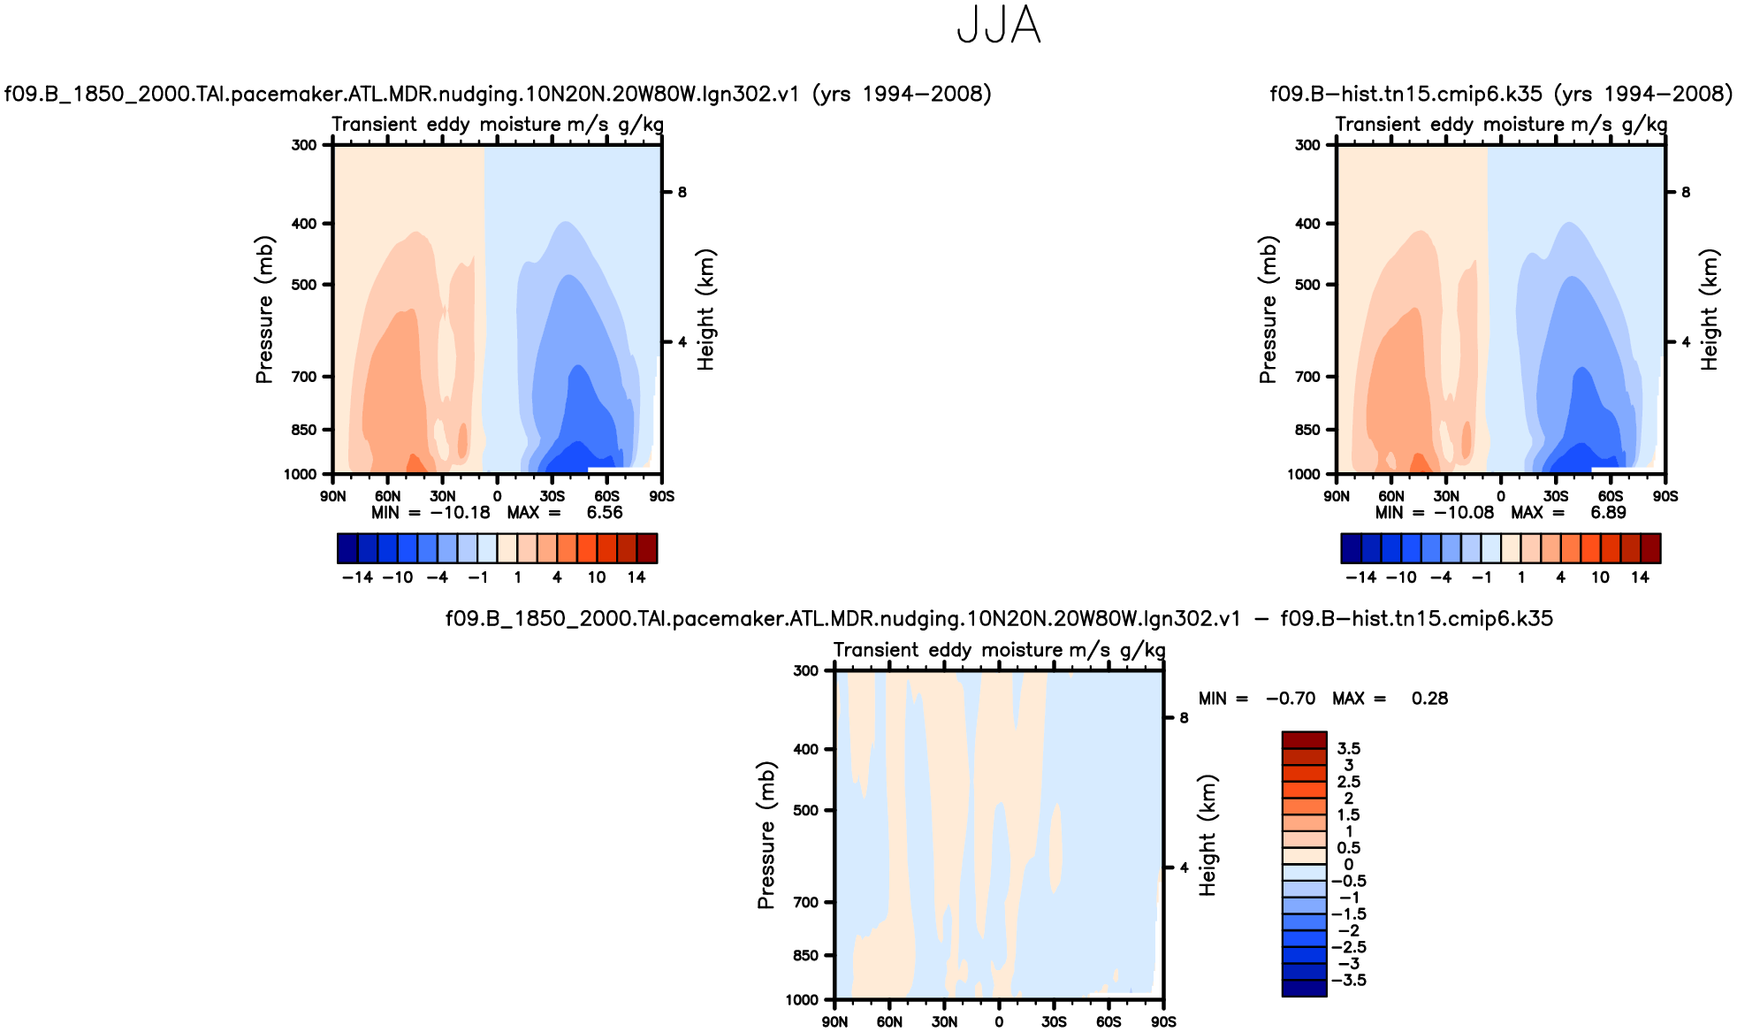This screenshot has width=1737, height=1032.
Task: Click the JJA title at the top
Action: [x=999, y=25]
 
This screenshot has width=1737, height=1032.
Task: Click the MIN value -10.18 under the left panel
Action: [x=460, y=513]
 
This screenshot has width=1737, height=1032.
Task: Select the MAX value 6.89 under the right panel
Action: [x=1608, y=513]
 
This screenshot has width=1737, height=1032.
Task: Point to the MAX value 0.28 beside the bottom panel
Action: [x=1429, y=699]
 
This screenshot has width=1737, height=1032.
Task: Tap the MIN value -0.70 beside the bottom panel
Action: [x=1290, y=699]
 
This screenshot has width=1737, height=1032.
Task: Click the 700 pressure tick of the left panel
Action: [x=304, y=377]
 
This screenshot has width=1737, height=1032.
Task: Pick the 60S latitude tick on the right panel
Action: [x=1611, y=496]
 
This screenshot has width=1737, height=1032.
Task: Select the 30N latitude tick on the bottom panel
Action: [x=944, y=1022]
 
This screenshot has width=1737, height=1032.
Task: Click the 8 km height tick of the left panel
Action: [x=682, y=192]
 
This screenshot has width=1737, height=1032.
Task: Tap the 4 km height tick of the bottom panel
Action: [x=1184, y=868]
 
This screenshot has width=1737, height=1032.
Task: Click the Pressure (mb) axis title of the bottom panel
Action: [x=766, y=835]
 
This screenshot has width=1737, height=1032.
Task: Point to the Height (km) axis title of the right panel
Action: [x=1709, y=310]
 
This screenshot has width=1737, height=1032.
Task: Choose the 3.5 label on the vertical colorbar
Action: [x=1348, y=749]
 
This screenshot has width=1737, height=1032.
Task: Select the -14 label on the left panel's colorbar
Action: [x=357, y=577]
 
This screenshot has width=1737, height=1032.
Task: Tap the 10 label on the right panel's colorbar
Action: [x=1600, y=577]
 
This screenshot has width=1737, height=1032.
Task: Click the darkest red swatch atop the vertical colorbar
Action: [x=1304, y=740]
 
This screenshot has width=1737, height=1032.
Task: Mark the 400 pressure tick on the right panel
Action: [x=1307, y=224]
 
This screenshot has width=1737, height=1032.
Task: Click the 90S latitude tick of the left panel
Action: [x=661, y=496]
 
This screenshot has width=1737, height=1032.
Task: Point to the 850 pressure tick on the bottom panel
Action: [x=806, y=955]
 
